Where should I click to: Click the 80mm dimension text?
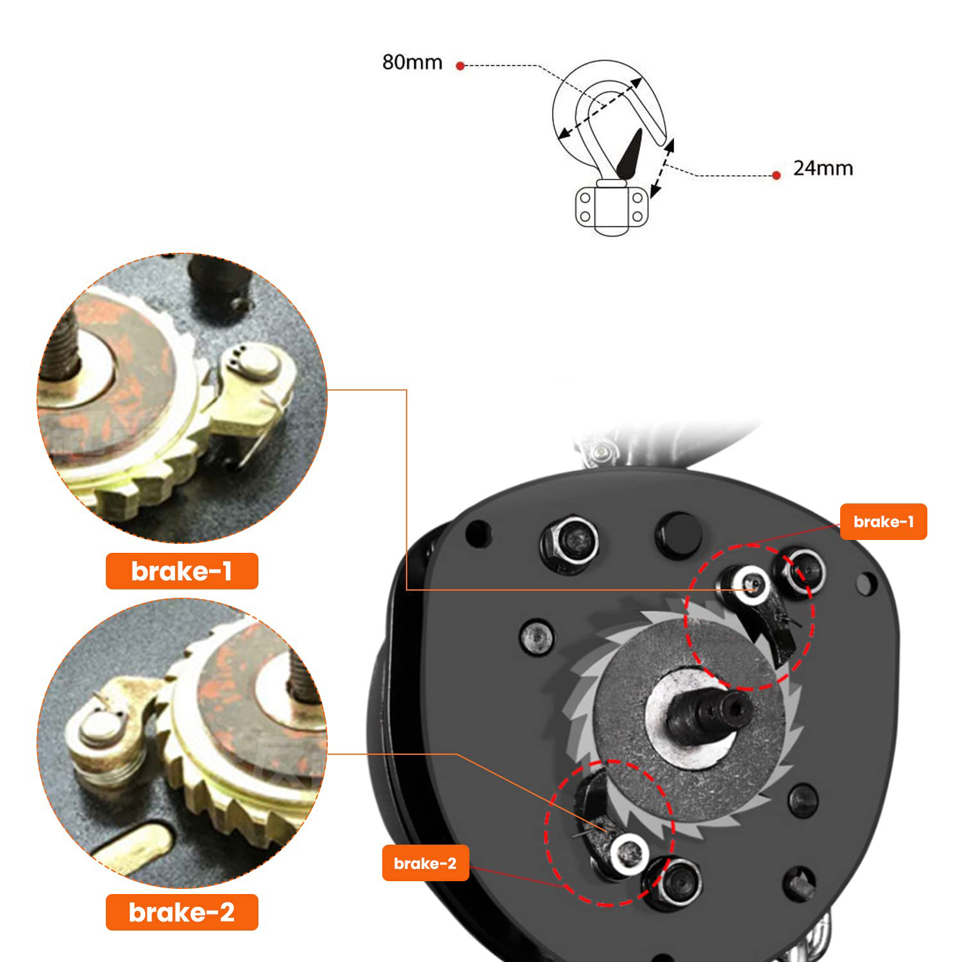click(x=412, y=62)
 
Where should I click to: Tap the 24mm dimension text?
click(x=823, y=168)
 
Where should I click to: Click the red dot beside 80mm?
click(x=460, y=65)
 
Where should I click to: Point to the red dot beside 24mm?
click(x=776, y=175)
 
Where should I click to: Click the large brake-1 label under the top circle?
click(x=181, y=571)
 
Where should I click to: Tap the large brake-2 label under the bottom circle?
click(x=181, y=912)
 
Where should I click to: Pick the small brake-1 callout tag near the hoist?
click(x=883, y=521)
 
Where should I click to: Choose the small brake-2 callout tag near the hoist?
click(x=425, y=863)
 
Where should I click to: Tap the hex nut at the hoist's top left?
click(x=570, y=543)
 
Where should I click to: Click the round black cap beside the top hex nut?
click(x=678, y=536)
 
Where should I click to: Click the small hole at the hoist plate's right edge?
click(x=865, y=584)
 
